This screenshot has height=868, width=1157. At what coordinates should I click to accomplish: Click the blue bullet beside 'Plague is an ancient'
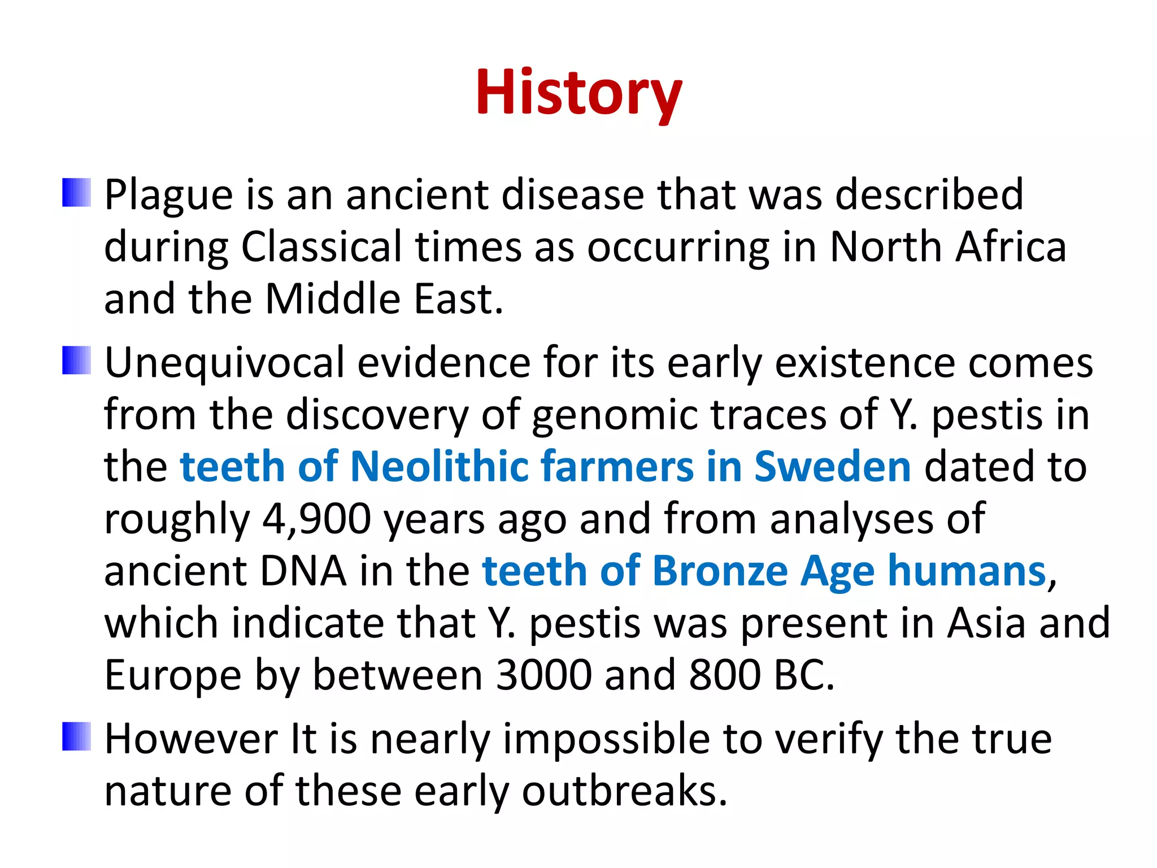[x=76, y=193]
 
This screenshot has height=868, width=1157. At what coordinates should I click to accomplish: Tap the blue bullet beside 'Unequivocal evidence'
[x=76, y=360]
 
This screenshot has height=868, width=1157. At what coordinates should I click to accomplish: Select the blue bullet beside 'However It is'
[x=76, y=736]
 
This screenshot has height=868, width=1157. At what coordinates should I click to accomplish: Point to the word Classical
[x=321, y=247]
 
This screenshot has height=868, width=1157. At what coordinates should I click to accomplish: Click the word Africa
[x=1010, y=247]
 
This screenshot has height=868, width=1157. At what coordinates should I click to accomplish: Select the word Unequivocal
[x=224, y=363]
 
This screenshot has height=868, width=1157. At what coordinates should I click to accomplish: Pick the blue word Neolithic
[x=438, y=467]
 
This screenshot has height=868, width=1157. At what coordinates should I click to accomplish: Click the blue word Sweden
[x=833, y=467]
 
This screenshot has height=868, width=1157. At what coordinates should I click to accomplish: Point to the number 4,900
[x=316, y=519]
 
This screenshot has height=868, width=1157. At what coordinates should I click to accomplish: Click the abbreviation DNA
[x=303, y=571]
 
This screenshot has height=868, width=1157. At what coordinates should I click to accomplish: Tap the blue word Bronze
[x=720, y=571]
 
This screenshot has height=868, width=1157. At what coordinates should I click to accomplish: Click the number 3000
[x=544, y=675]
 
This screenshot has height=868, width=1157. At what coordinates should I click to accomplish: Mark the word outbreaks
[x=624, y=791]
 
